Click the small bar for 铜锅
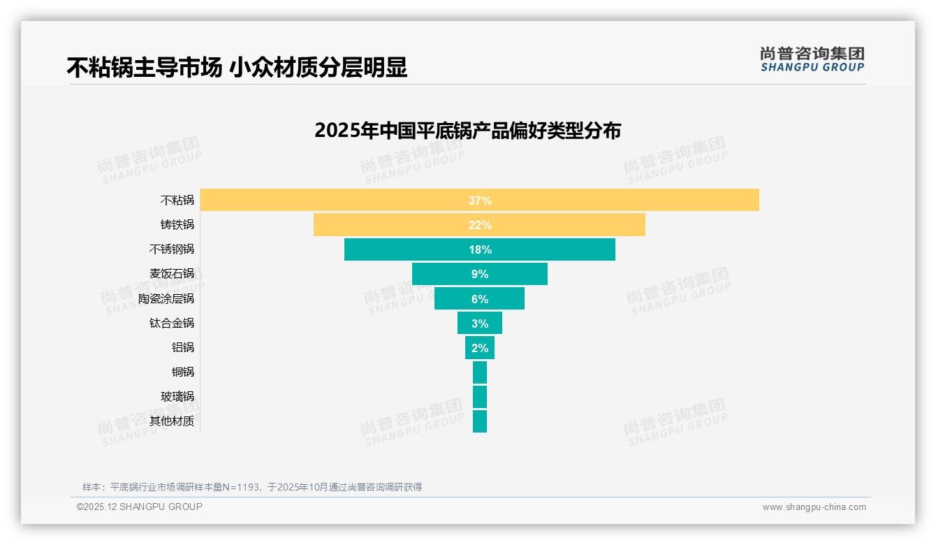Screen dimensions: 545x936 click(x=479, y=372)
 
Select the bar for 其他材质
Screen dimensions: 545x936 click(x=479, y=421)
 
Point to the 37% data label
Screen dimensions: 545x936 click(x=480, y=201)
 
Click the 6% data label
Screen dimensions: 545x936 click(x=480, y=299)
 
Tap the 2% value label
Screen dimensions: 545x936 click(x=480, y=348)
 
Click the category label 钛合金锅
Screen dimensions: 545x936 click(x=172, y=323)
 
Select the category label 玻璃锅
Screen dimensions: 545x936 click(x=177, y=396)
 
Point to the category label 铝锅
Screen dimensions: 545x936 click(x=183, y=347)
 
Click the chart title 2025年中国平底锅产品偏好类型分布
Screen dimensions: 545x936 click(x=467, y=131)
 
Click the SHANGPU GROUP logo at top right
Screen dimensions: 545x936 click(x=812, y=59)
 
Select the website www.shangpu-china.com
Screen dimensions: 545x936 click(x=814, y=507)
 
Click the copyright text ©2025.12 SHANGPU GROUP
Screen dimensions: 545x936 click(x=140, y=507)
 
